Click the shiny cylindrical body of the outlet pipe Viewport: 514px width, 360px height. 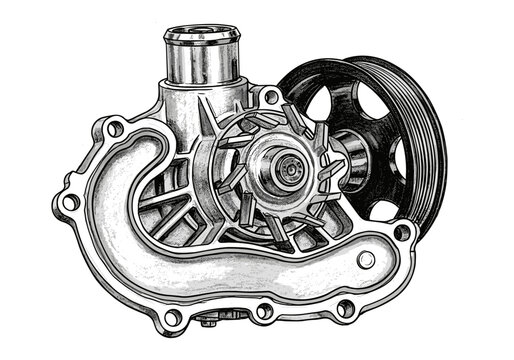point(201,65)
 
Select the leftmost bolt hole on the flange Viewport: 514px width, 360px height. point(71,202)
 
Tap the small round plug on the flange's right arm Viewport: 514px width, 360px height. point(366,259)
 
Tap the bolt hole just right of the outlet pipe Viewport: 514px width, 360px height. point(269,97)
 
